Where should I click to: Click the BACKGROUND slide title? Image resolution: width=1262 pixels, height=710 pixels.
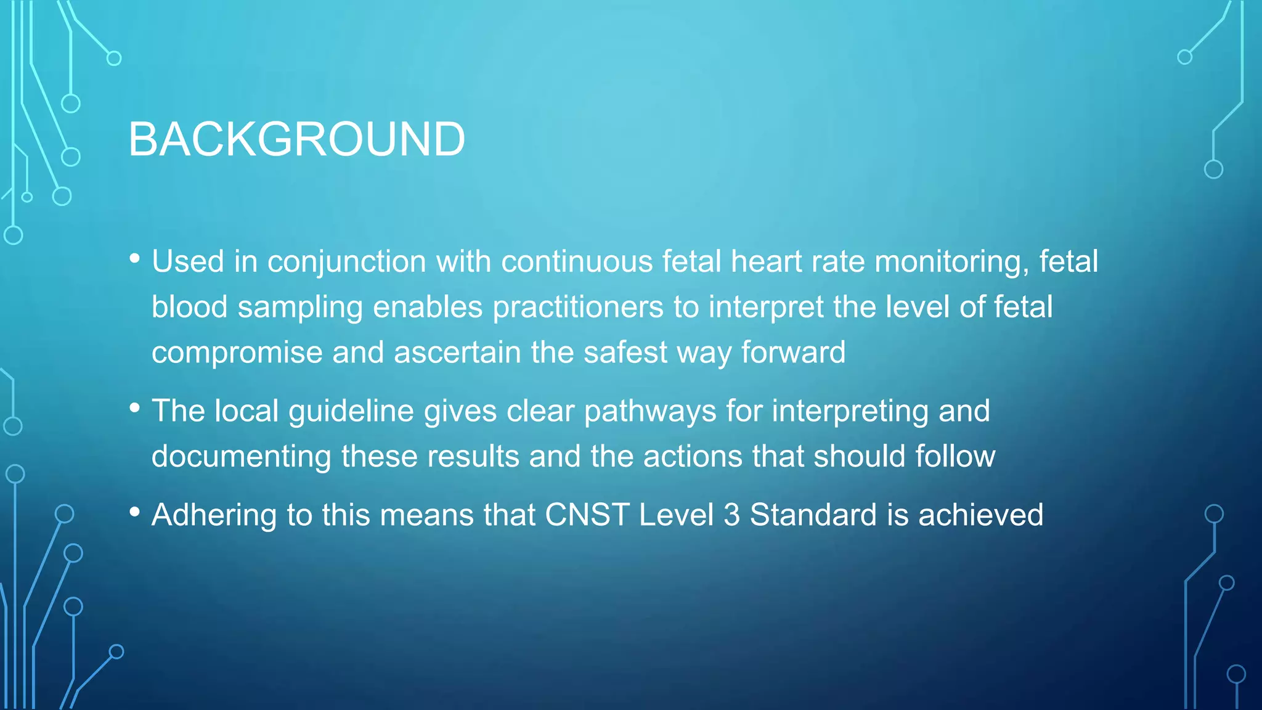pos(296,139)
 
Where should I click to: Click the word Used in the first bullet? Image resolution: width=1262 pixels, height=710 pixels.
pos(188,261)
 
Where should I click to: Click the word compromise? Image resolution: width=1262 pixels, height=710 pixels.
pos(237,353)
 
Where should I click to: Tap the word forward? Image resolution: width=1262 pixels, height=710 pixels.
pos(793,353)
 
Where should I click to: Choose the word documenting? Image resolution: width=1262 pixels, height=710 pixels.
pos(242,457)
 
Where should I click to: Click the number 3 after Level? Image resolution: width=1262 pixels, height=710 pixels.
pos(731,515)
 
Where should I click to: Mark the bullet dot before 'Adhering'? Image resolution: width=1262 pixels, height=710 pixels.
pos(135,512)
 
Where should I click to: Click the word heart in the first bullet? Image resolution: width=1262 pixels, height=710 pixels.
pos(765,261)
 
